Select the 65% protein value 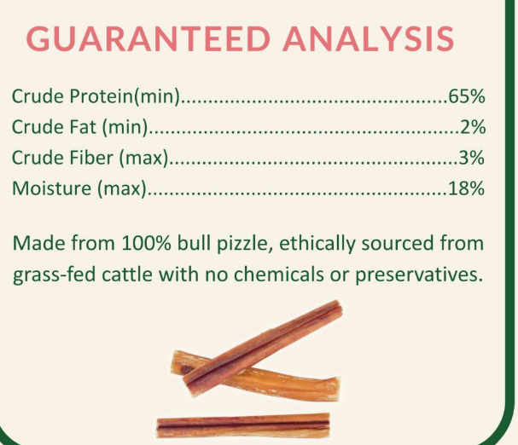point(466,96)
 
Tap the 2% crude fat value point(472,128)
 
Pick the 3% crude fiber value point(472,159)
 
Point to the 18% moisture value point(466,189)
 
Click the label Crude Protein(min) point(96,97)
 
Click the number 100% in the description point(131,245)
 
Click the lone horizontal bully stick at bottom point(243,424)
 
